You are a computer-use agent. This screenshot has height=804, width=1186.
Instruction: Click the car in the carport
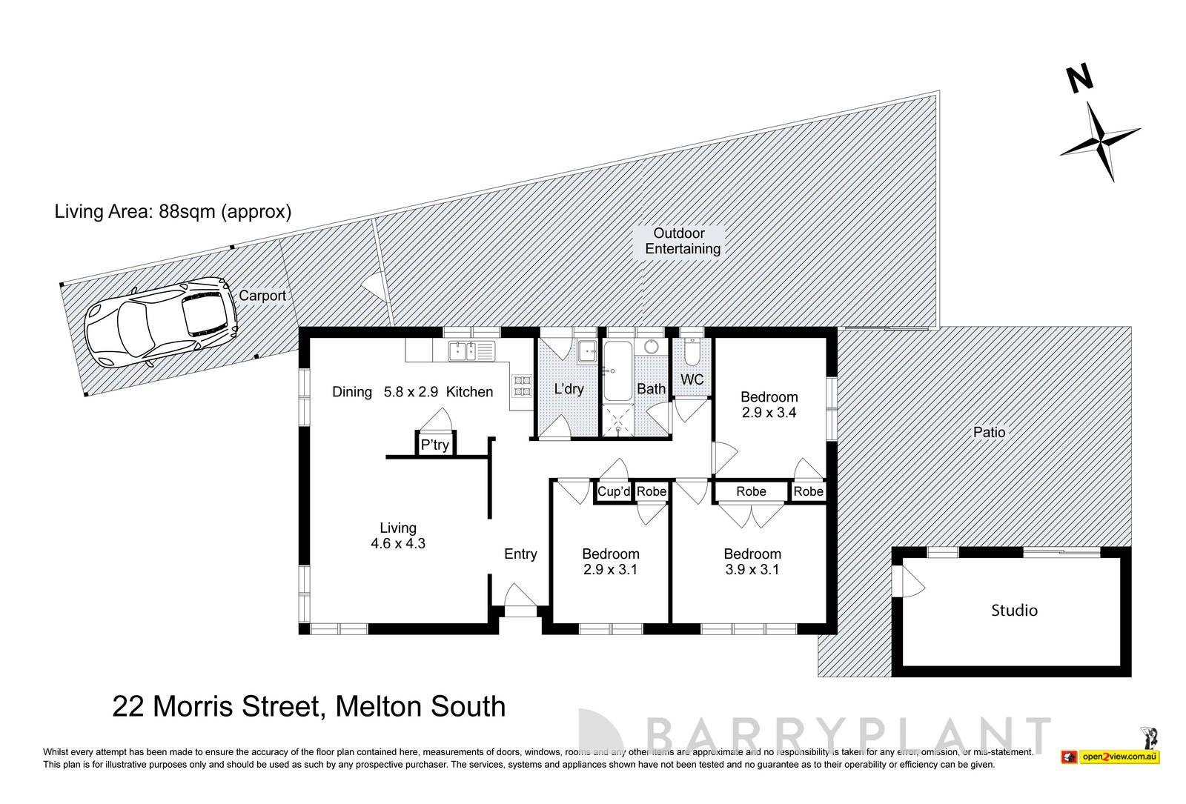[160, 323]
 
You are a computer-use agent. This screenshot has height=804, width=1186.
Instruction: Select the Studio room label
[1014, 611]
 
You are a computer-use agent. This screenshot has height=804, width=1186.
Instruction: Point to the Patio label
[989, 432]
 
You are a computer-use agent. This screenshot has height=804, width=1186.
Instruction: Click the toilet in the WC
[692, 353]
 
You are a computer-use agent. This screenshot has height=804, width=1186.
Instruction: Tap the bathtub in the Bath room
[617, 371]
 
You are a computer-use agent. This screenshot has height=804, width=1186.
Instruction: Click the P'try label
[434, 445]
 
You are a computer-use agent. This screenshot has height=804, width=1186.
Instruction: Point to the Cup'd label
[614, 491]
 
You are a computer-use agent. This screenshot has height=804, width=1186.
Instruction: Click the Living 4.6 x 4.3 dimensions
[398, 544]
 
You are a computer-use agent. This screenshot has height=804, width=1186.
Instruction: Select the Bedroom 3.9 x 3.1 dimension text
[752, 570]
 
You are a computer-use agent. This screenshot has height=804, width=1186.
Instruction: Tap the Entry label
[520, 554]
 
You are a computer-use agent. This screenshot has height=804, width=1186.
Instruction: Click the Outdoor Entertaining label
[682, 242]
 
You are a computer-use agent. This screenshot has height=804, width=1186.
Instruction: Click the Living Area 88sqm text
[173, 211]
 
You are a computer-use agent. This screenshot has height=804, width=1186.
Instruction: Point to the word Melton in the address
[386, 707]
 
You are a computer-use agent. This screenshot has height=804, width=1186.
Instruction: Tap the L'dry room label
[569, 389]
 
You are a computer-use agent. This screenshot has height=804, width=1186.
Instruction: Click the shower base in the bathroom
[617, 421]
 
